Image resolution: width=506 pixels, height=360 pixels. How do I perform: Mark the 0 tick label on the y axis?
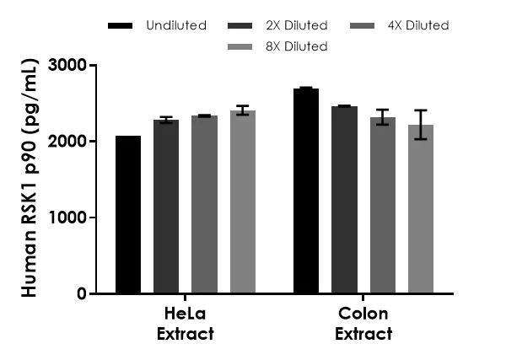[80, 294]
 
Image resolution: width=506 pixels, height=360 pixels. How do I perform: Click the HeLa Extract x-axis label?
[186, 324]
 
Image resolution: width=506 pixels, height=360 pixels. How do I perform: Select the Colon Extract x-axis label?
[363, 324]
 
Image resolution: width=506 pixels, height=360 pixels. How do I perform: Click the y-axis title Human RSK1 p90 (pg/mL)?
[29, 179]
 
